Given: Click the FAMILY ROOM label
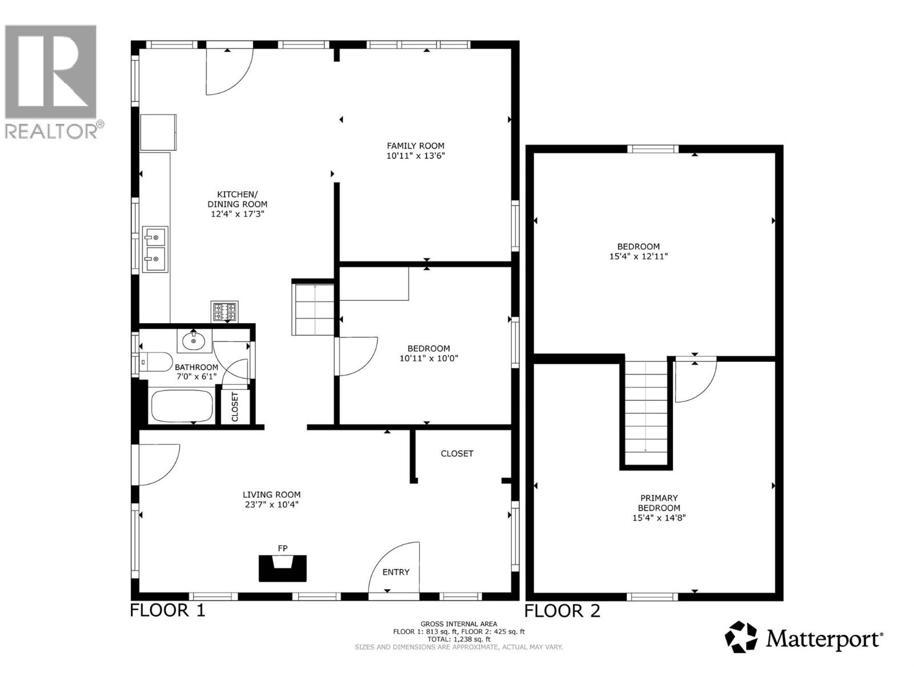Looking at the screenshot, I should [x=415, y=146].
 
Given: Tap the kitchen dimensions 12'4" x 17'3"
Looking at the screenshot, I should [x=237, y=214].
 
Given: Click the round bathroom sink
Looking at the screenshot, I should [x=194, y=341].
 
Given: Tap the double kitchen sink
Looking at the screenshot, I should [x=155, y=249].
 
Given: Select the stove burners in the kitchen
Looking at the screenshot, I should [x=225, y=312].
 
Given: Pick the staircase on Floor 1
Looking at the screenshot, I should [x=312, y=309].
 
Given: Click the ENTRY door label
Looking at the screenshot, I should [x=396, y=572].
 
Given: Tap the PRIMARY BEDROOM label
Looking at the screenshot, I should [x=659, y=503].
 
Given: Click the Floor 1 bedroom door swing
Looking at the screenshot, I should [x=357, y=356].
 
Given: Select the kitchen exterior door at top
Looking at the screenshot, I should [x=228, y=70].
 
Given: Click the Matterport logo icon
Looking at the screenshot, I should [x=741, y=637].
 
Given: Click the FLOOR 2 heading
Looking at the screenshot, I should [x=562, y=611].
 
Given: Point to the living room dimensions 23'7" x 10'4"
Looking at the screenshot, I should [x=271, y=505].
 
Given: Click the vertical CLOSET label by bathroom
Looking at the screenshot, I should [x=235, y=406].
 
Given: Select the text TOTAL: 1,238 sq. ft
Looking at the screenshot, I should [x=459, y=639].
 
